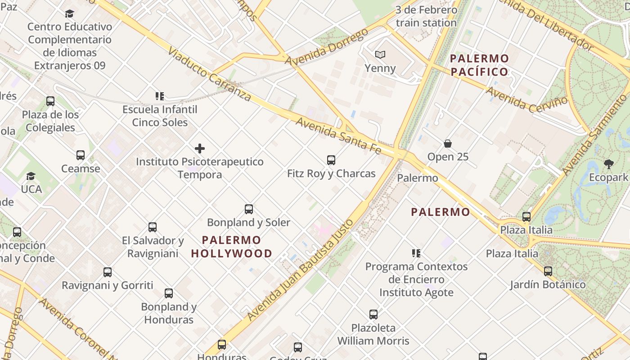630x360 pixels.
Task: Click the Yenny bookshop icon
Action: click(x=380, y=55)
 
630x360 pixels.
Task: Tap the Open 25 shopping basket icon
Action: click(x=448, y=144)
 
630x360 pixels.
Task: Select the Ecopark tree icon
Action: click(x=608, y=164)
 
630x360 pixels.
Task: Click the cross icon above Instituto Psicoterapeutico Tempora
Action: click(x=200, y=148)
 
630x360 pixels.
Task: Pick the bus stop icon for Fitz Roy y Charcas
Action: click(x=331, y=160)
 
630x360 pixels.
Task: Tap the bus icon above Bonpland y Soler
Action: click(x=249, y=209)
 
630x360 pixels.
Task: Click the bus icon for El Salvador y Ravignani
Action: click(x=153, y=227)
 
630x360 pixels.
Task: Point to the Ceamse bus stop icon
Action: click(x=81, y=155)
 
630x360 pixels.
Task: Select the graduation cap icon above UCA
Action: click(x=31, y=176)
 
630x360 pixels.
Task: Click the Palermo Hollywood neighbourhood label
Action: click(x=231, y=247)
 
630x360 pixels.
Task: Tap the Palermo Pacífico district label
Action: click(x=479, y=65)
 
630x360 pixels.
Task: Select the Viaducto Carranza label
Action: click(x=209, y=74)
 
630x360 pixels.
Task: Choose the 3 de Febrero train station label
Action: click(x=426, y=16)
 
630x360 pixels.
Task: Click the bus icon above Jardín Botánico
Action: click(x=548, y=271)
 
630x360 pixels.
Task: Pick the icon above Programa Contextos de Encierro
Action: click(x=416, y=253)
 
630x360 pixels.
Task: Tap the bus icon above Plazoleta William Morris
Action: click(x=373, y=315)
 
